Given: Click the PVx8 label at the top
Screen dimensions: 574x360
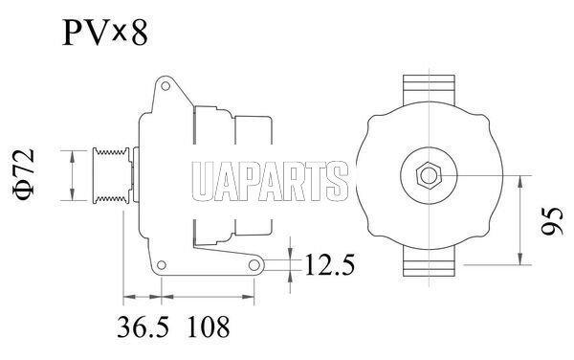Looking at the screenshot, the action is [105, 33].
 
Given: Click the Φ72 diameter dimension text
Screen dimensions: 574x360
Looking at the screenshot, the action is [24, 174].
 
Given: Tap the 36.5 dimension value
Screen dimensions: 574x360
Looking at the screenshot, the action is [143, 327].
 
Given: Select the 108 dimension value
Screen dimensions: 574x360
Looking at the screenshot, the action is [209, 327].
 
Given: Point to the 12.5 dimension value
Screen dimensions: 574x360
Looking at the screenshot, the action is [329, 265].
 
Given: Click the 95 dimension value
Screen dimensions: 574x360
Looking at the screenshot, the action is [552, 221].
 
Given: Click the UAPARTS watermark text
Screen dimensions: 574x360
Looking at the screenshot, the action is [270, 182].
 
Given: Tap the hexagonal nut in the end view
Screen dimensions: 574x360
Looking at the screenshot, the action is [429, 175].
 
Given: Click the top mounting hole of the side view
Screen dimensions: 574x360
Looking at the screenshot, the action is [166, 86].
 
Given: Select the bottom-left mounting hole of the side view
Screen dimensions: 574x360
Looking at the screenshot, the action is [161, 265].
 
